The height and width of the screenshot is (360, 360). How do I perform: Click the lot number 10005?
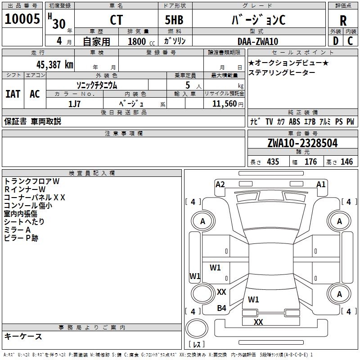coord(22,19)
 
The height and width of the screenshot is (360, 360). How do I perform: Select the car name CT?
coord(116,20)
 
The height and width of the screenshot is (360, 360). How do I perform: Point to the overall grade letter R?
coord(343,20)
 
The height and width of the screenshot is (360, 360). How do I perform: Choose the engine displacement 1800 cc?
coord(137,41)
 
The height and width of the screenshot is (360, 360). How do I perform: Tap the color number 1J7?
coord(74,103)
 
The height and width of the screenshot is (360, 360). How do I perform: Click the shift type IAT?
coord(13,94)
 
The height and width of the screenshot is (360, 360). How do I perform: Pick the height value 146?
coord(346,162)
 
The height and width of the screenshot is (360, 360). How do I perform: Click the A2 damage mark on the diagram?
coord(220,184)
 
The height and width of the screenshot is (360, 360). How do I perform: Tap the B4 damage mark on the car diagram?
coord(222,308)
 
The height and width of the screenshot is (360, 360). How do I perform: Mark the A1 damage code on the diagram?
coord(321,184)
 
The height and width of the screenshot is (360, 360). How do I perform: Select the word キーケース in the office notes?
coord(23,336)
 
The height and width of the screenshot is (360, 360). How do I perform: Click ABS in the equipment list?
coord(294,121)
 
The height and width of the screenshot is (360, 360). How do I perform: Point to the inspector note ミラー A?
coord(17,230)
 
